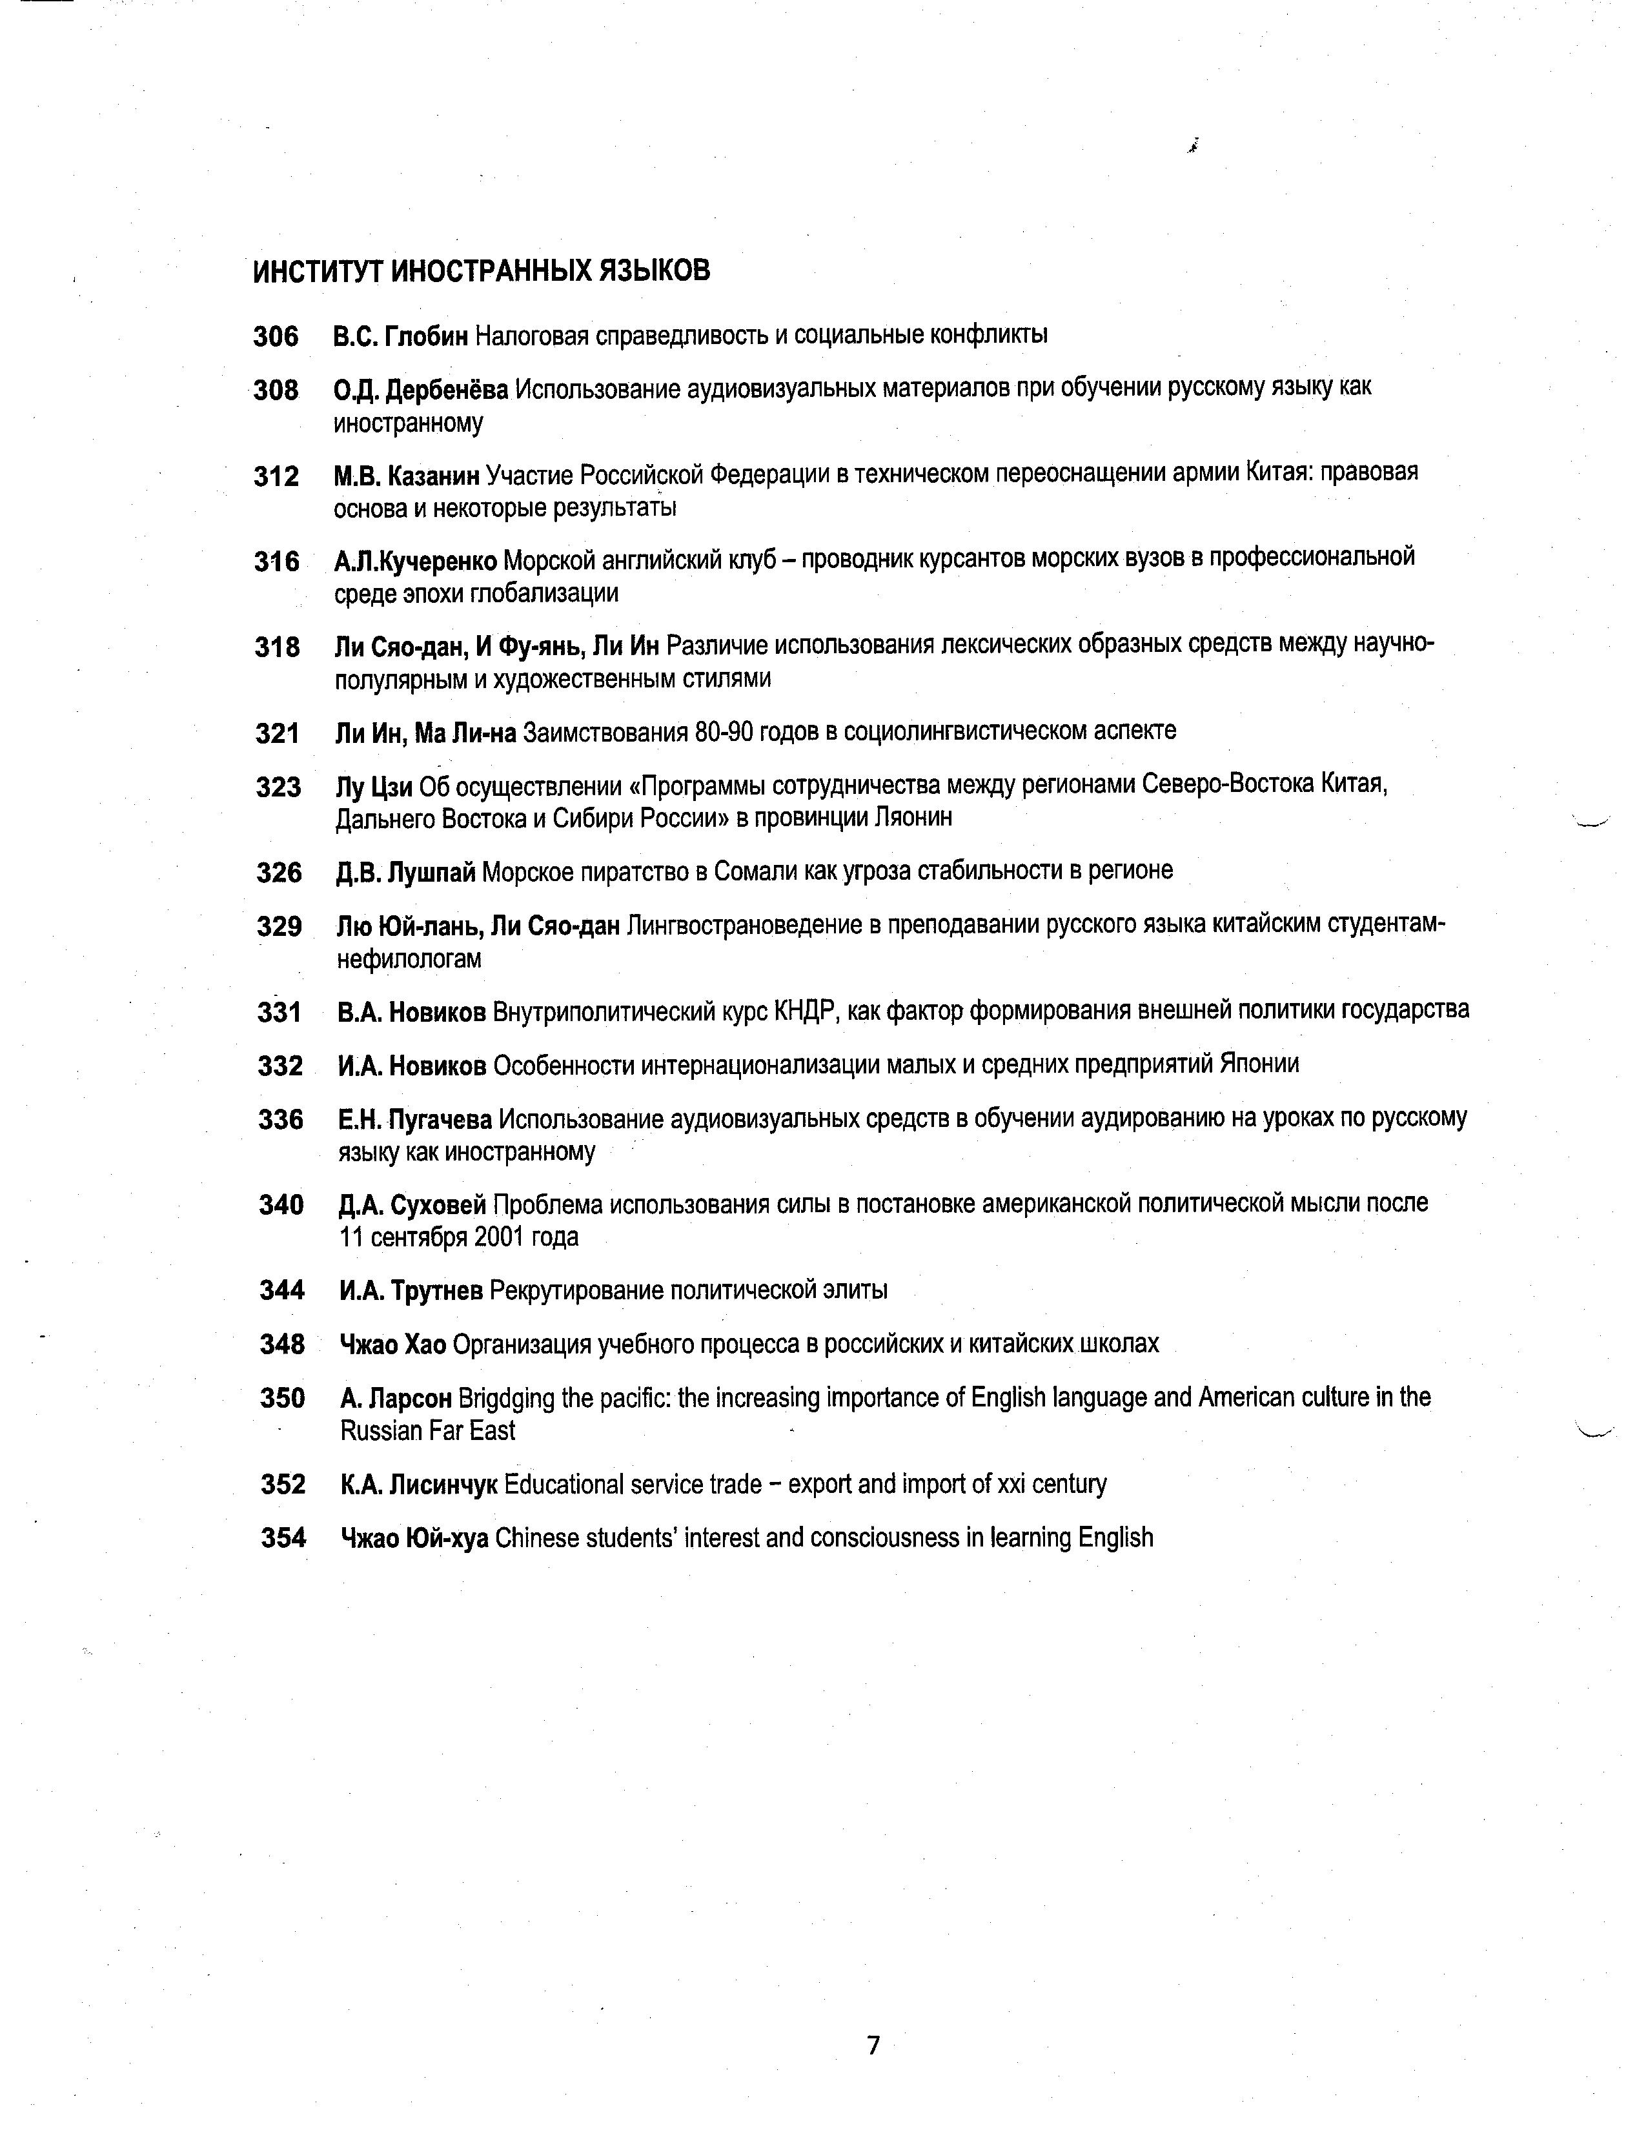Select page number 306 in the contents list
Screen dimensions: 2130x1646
(x=276, y=336)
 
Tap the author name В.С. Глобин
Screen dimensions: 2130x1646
(x=401, y=336)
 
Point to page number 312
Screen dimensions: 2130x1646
(x=276, y=476)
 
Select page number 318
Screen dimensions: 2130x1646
(x=277, y=647)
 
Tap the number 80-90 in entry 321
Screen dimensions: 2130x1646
(x=722, y=731)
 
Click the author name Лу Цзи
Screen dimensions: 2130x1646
(x=374, y=786)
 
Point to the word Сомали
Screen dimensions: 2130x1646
(x=755, y=871)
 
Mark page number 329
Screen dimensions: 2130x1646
(x=279, y=926)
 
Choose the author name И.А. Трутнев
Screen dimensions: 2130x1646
(x=411, y=1292)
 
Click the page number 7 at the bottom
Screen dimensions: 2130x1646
(x=873, y=2045)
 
